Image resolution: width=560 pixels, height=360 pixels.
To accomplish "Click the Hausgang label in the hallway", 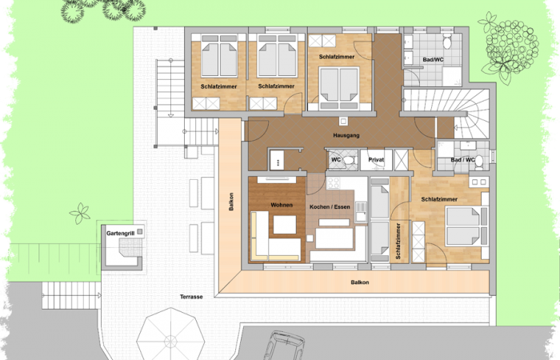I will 346,137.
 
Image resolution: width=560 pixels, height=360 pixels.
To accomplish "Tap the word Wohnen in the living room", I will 282,206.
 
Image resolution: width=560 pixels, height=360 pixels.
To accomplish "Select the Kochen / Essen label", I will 329,206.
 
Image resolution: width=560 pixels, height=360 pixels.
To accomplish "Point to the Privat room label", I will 376,160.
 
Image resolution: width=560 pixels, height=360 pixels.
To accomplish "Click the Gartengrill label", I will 119,234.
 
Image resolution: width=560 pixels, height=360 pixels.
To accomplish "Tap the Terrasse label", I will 191,297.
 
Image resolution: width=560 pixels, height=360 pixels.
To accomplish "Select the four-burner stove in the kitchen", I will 333,187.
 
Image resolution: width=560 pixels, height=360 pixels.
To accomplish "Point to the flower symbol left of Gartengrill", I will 81,214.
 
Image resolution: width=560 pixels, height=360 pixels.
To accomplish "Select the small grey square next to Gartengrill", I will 140,231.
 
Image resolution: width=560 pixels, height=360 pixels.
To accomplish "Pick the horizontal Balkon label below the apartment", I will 359,282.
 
